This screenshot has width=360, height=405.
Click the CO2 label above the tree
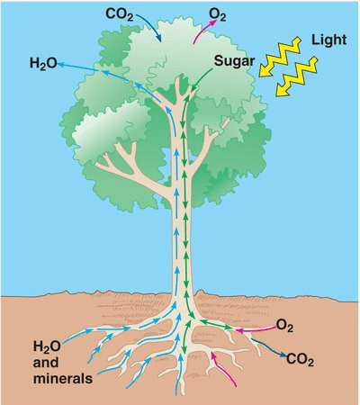pos(119,15)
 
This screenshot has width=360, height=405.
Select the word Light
pos(328,40)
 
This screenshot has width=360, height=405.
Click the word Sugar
pos(234,62)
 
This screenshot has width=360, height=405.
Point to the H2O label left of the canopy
pos(43,64)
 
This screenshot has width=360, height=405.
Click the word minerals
pos(63,378)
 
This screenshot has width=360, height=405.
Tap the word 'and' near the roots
pos(46,362)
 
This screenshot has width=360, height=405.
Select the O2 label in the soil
pos(284,326)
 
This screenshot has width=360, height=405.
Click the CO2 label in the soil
pos(300,359)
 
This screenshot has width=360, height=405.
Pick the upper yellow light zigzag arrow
pos(280,57)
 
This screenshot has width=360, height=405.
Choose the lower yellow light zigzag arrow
pos(296,76)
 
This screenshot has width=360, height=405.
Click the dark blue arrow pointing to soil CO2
pos(267,347)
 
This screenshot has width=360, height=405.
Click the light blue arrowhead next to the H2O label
pos(60,64)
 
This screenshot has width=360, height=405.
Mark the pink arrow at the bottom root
pos(222,368)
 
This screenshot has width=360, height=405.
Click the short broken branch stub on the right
pos(226,122)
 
